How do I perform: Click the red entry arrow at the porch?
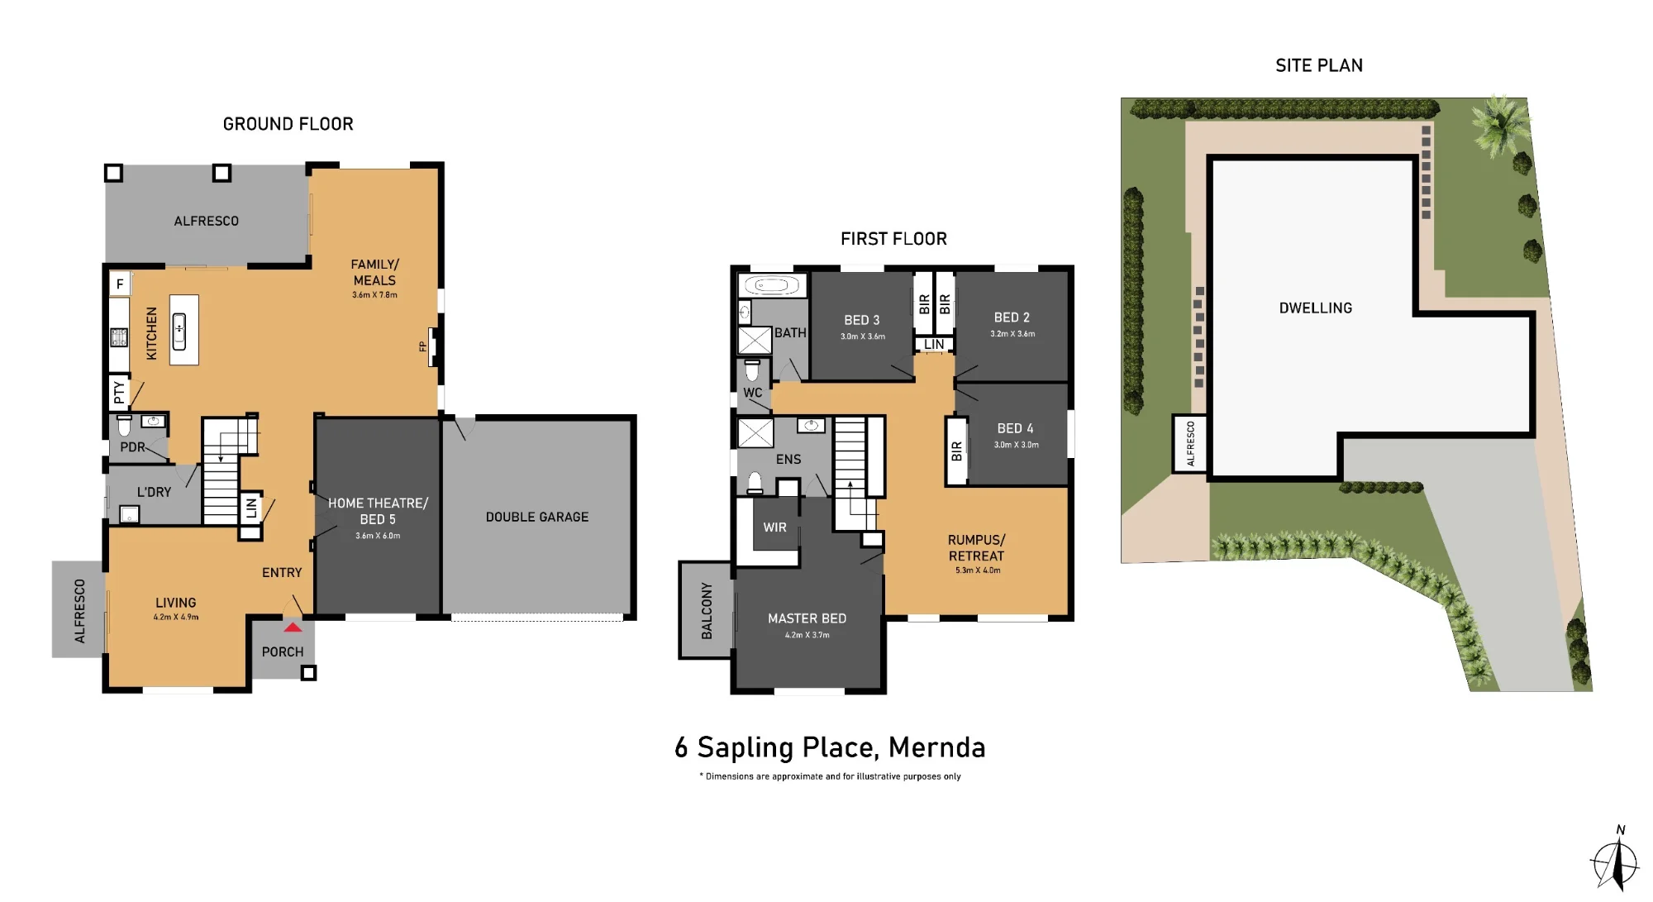[293, 628]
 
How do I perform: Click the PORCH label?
[283, 651]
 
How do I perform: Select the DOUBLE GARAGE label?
[537, 517]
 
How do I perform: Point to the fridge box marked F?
[120, 284]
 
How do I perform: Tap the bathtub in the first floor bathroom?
[771, 286]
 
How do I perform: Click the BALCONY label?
[707, 611]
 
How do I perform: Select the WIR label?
[774, 527]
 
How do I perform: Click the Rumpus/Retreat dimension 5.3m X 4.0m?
[978, 570]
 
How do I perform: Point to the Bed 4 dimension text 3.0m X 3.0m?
[1016, 445]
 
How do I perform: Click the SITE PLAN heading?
[1319, 65]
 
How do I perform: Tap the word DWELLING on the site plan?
[1316, 308]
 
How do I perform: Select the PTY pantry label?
[119, 392]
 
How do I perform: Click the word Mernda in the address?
[936, 747]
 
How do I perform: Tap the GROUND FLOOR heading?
[288, 124]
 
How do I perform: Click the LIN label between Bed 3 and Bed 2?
[934, 345]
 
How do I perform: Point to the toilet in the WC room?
[752, 369]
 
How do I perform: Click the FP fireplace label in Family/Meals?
[423, 346]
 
